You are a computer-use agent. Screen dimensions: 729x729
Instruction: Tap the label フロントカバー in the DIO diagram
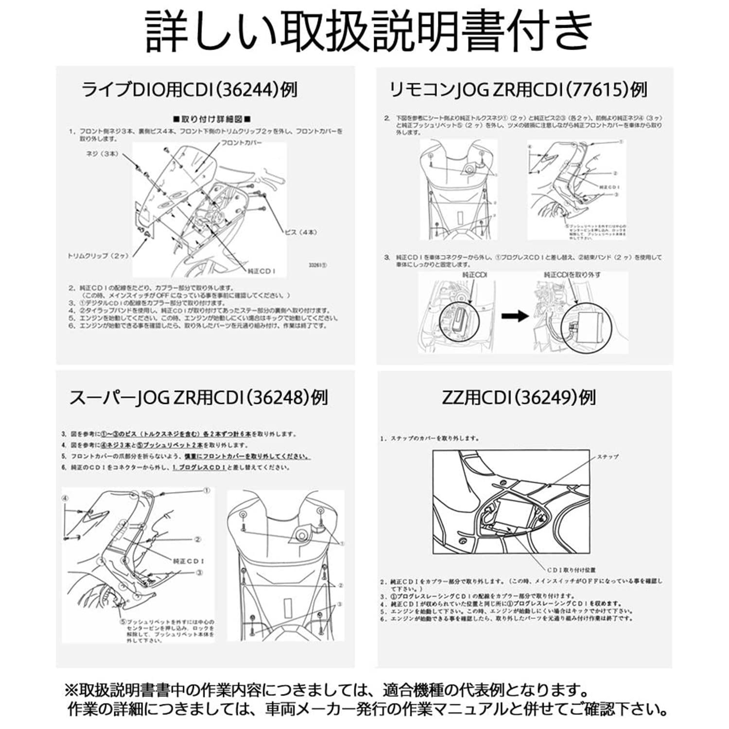[x=242, y=143]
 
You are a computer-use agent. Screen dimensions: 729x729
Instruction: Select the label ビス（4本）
[x=301, y=232]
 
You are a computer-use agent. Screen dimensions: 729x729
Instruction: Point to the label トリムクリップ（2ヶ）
[x=98, y=256]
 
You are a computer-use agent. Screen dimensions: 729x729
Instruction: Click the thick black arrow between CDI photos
[x=515, y=316]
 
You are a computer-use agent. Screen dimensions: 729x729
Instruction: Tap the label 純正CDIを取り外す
[x=572, y=275]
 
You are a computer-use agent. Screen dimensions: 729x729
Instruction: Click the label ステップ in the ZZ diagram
[x=607, y=457]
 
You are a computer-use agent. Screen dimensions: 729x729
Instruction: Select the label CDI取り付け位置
[x=571, y=570]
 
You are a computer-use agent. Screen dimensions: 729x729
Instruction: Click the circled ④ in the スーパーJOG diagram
[x=65, y=498]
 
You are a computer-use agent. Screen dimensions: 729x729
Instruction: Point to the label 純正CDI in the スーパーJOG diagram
[x=189, y=561]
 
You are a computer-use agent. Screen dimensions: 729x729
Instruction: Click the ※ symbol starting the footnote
[x=71, y=690]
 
